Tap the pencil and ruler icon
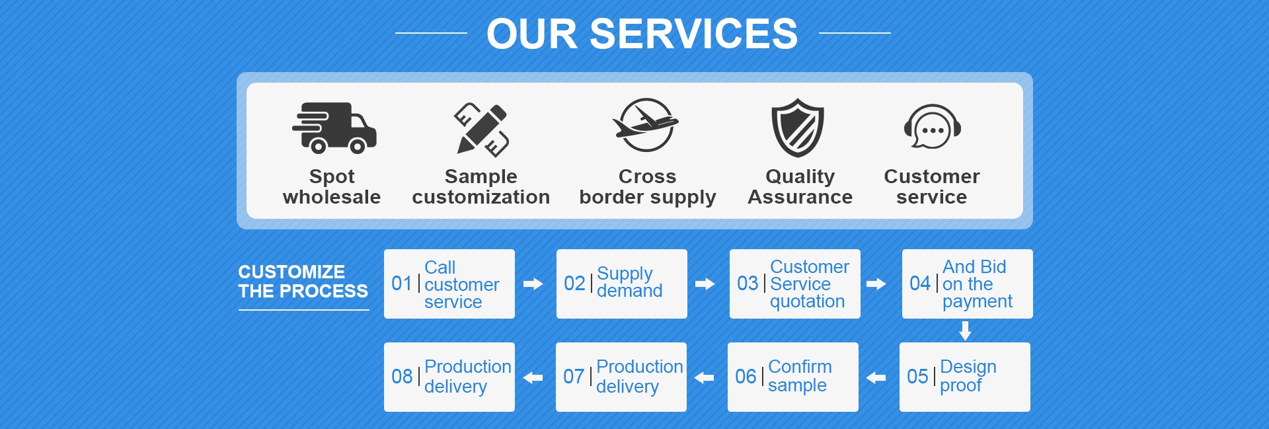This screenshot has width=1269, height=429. tap(481, 129)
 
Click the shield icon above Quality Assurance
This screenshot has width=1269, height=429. tap(798, 128)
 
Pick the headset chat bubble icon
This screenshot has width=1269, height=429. tap(932, 128)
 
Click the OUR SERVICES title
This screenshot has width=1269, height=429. tap(642, 34)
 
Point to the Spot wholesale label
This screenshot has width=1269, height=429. tap(332, 186)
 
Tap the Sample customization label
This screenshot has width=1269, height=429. tap(481, 186)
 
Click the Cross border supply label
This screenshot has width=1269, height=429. tap(647, 186)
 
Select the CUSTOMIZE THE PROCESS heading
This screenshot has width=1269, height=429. tap(303, 282)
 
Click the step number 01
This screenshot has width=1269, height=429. tap(402, 284)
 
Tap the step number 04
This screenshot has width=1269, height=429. tap(920, 284)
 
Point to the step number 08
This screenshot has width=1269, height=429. tap(402, 377)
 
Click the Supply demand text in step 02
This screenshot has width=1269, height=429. tap(629, 282)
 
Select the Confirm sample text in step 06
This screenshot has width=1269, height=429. tap(799, 375)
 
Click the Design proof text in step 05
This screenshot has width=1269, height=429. tap(968, 375)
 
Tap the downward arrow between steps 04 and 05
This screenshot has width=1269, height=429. tap(965, 331)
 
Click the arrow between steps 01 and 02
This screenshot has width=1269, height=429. tap(533, 284)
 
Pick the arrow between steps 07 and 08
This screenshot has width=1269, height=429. tap(533, 377)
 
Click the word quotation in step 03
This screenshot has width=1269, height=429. tap(807, 301)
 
